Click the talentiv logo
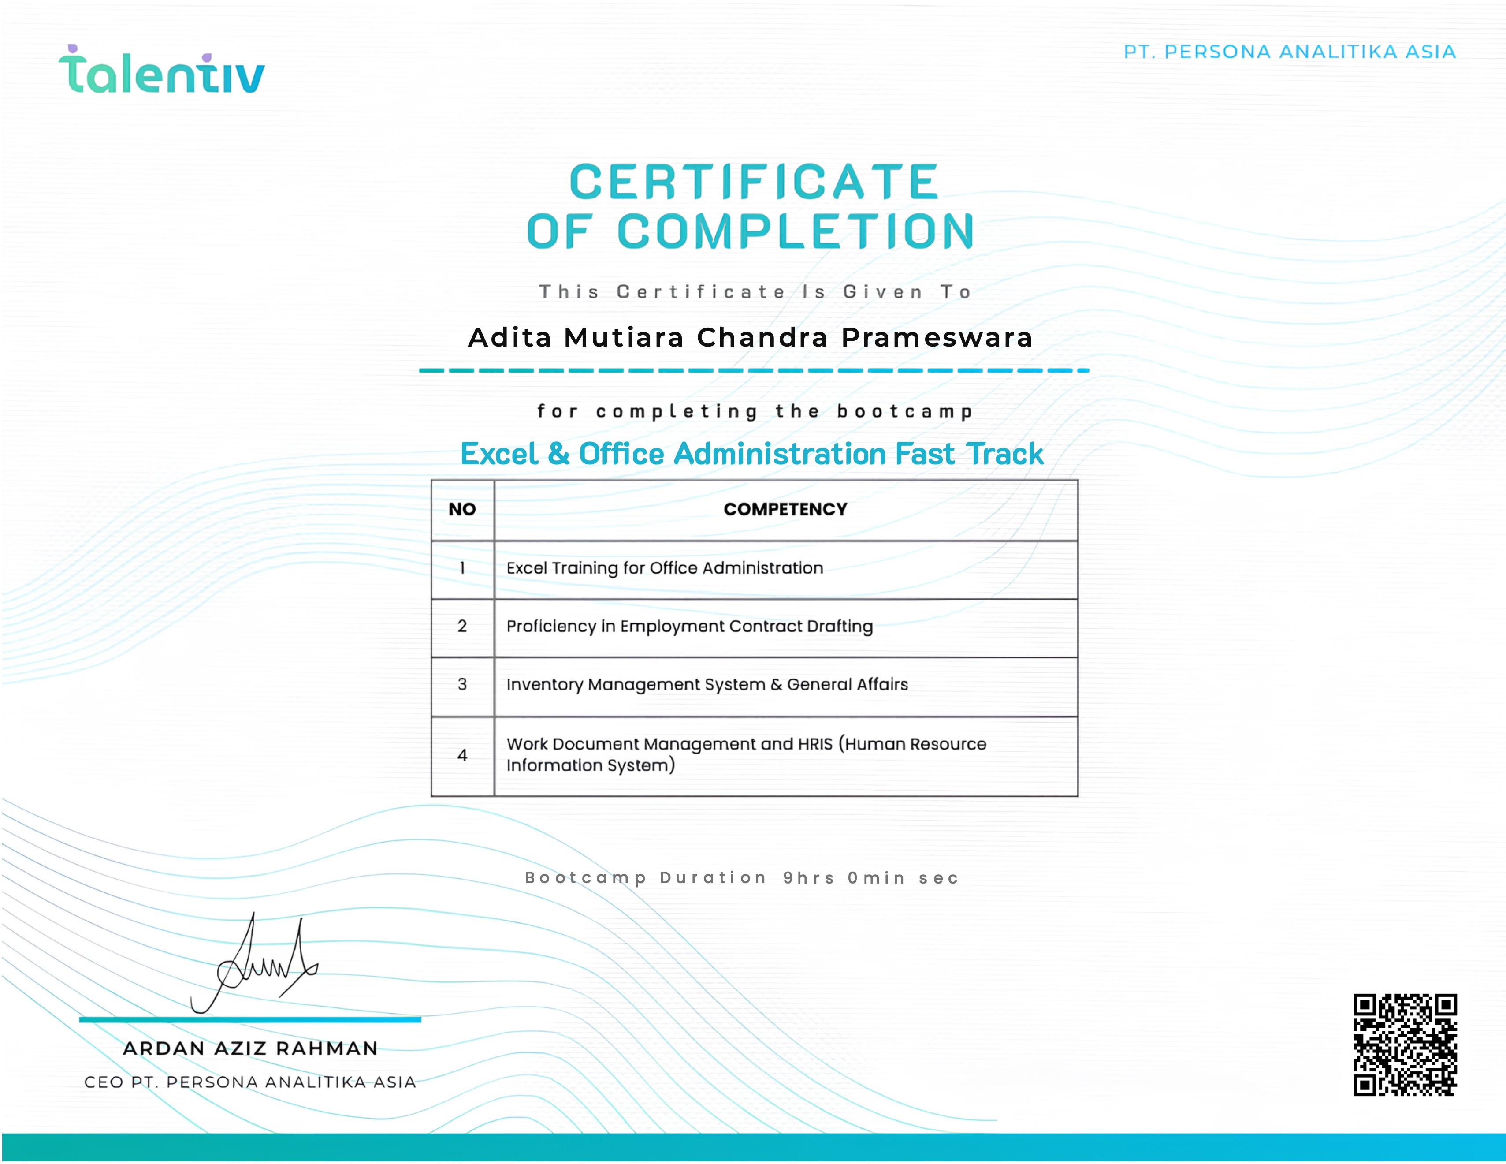[161, 71]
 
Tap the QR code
[1405, 1045]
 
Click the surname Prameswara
[937, 337]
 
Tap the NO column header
[462, 509]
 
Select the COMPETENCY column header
[785, 509]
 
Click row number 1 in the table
[462, 568]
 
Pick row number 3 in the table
[462, 684]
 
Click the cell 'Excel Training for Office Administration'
[665, 568]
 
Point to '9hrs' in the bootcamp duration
[808, 878]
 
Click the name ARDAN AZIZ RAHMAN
[250, 1049]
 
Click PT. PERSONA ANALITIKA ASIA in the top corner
[1290, 52]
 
